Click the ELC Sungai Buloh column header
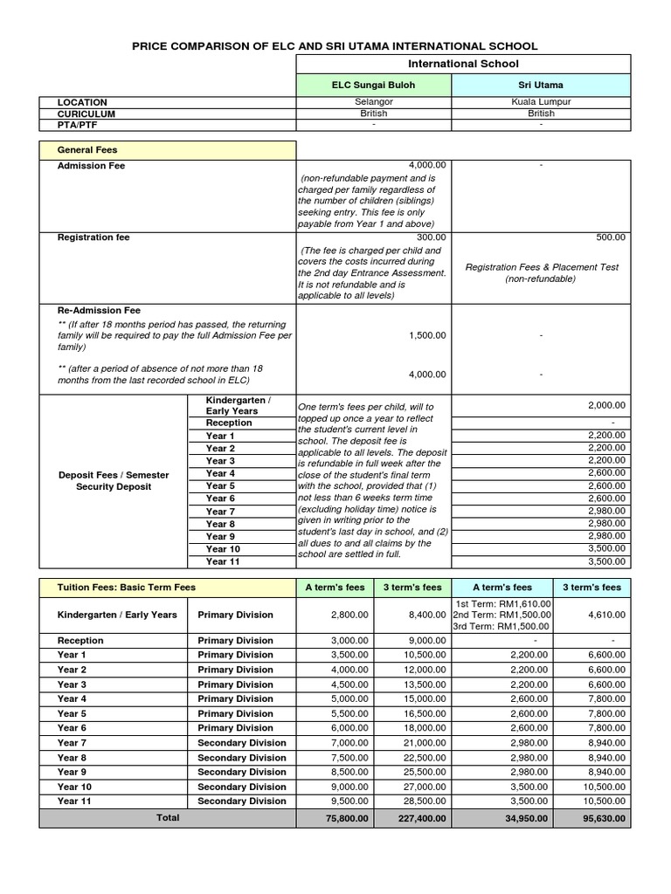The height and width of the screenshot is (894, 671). (373, 85)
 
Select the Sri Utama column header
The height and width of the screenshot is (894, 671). (541, 85)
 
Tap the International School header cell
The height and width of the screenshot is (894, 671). (463, 64)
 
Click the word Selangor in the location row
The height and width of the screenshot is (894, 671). (373, 102)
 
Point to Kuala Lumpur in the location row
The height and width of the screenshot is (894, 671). (541, 102)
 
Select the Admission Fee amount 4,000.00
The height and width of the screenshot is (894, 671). (426, 165)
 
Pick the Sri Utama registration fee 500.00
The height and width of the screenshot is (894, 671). (611, 237)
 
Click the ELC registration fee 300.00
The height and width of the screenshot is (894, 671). (432, 237)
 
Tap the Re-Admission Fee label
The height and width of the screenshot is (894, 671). (99, 310)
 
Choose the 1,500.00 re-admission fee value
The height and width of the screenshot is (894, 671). (426, 335)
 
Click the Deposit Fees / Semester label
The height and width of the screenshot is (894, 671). (114, 475)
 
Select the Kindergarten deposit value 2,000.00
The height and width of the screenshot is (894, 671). (606, 405)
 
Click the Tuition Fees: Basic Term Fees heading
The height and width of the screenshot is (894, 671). (127, 588)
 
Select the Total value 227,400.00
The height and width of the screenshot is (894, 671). (416, 819)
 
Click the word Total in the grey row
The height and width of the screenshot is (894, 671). (167, 818)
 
